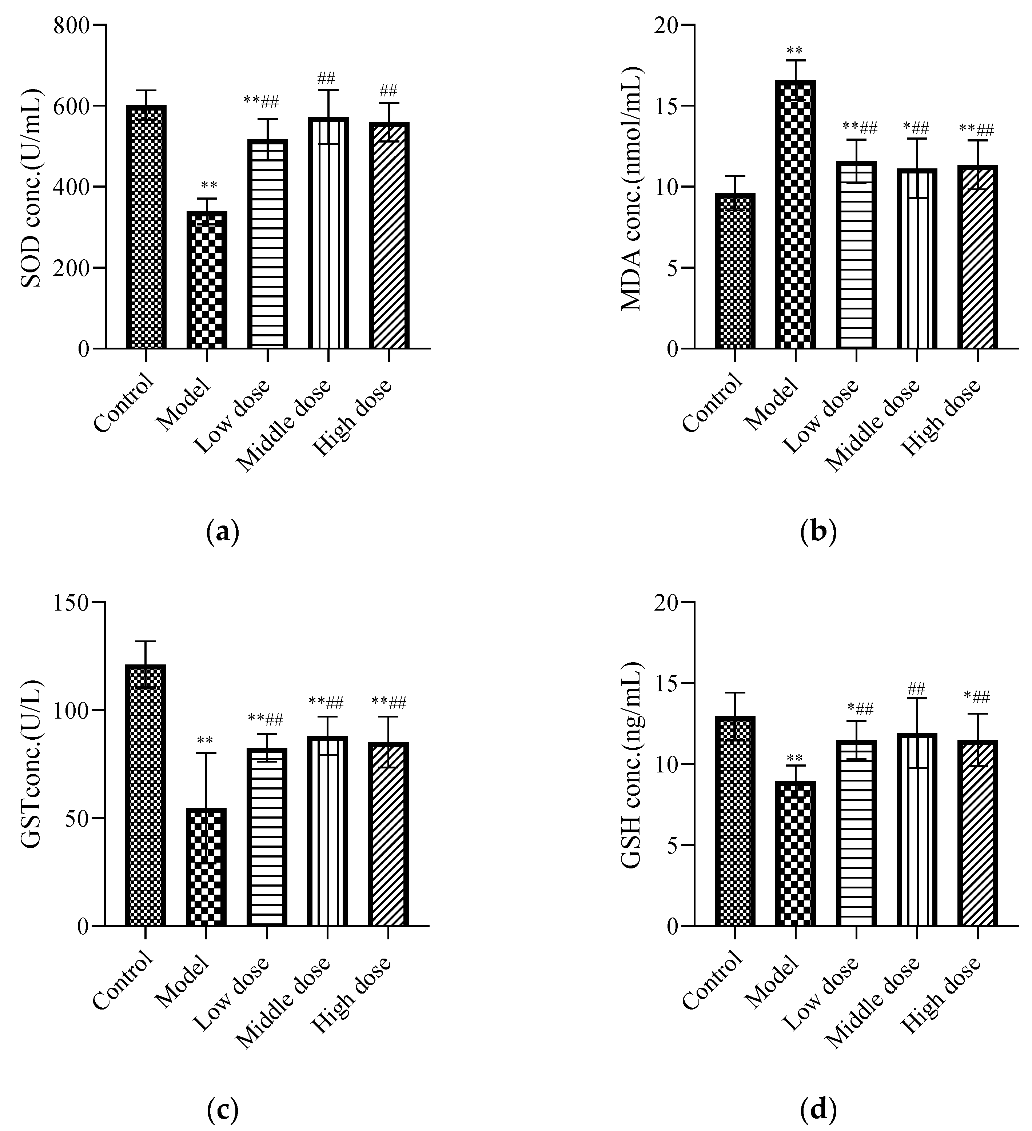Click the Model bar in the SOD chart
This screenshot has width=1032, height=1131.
[207, 280]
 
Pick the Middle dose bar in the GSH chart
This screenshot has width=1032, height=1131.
[916, 830]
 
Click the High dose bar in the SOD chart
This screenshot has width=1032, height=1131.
[389, 236]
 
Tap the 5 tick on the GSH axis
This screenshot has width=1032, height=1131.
[673, 846]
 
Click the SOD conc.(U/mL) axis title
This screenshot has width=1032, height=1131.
[32, 188]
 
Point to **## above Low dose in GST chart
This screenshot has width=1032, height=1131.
[266, 719]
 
